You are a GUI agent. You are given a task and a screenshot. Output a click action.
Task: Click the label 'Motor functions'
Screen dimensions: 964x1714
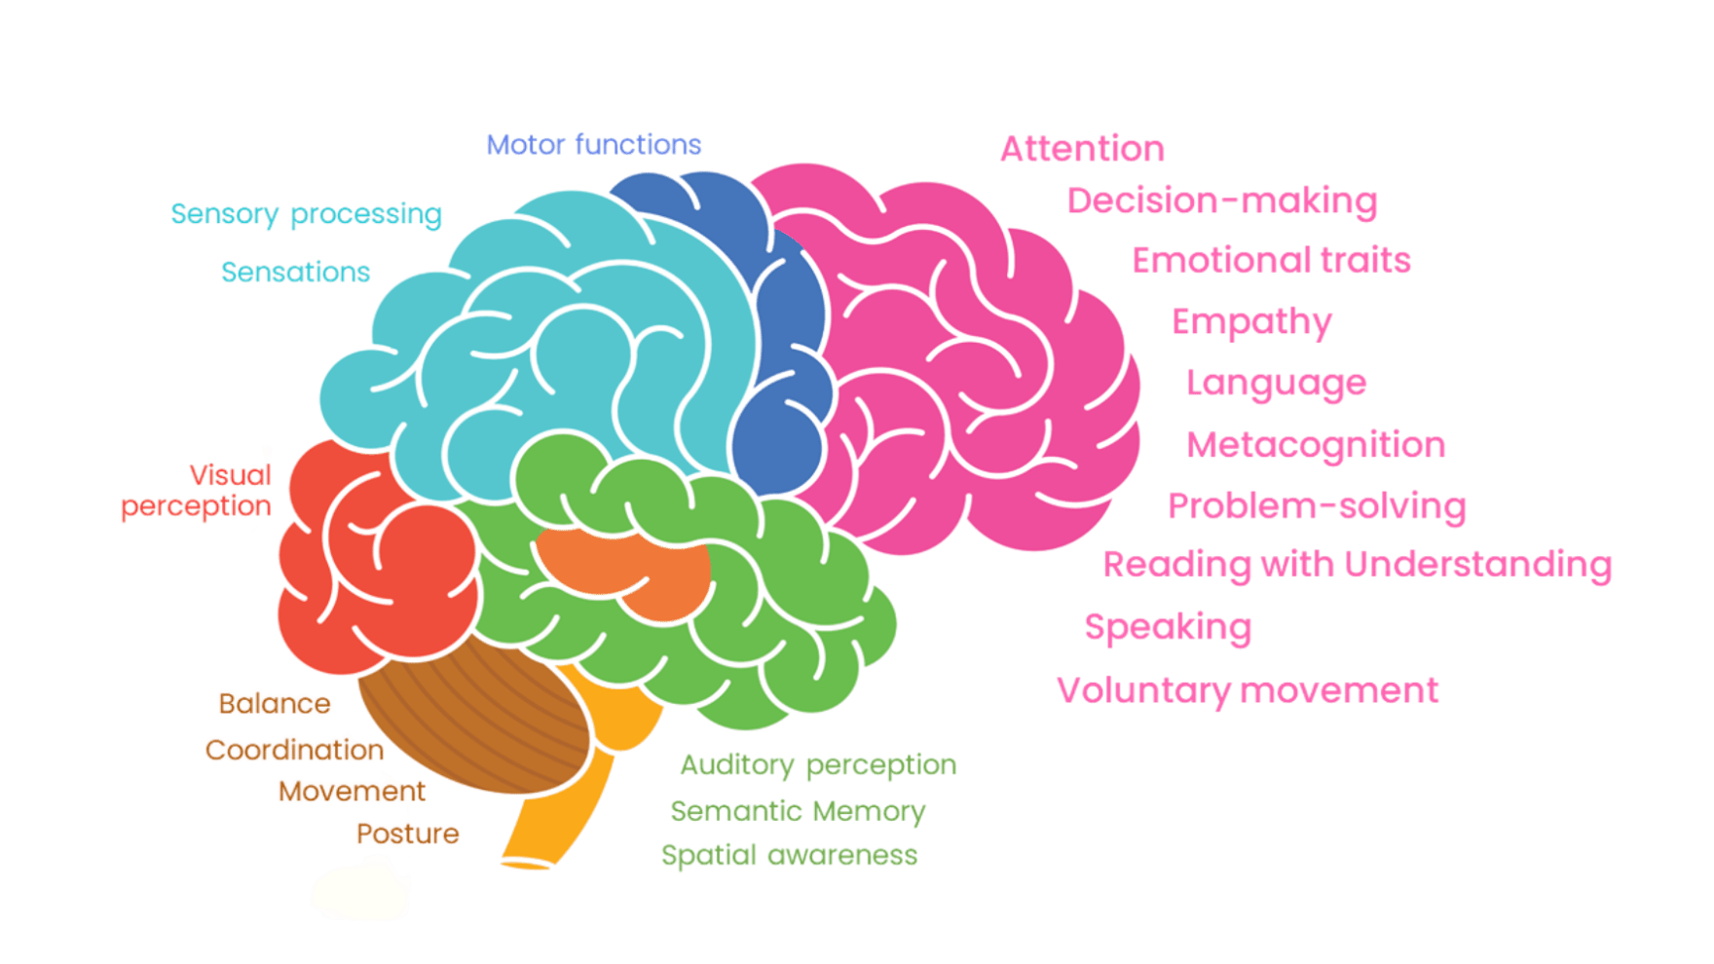pyautogui.click(x=594, y=145)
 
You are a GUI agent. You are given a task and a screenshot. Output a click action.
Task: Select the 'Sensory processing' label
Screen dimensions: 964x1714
pyautogui.click(x=306, y=214)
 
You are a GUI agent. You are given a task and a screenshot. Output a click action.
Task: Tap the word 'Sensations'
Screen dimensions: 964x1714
pyautogui.click(x=296, y=272)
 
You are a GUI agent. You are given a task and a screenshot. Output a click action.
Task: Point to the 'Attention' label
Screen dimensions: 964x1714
pyautogui.click(x=1082, y=149)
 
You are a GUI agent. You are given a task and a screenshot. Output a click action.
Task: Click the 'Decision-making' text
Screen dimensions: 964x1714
pyautogui.click(x=1222, y=202)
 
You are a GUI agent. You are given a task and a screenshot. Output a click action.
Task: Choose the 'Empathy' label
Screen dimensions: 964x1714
pyautogui.click(x=1251, y=322)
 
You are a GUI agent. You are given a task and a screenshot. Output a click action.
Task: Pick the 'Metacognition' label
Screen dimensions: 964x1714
pyautogui.click(x=1316, y=445)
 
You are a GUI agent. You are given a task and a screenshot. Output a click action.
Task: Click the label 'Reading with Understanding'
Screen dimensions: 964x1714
pyautogui.click(x=1357, y=565)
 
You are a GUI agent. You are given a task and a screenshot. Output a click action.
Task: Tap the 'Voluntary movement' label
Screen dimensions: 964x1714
pyautogui.click(x=1248, y=690)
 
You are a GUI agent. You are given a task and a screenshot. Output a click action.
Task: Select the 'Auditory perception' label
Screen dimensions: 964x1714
pyautogui.click(x=818, y=765)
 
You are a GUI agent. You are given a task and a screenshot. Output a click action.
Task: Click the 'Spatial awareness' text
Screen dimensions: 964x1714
pyautogui.click(x=789, y=855)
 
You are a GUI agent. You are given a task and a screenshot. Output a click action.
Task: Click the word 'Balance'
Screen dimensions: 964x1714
pyautogui.click(x=275, y=703)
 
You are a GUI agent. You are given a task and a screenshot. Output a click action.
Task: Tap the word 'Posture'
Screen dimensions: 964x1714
pyautogui.click(x=407, y=834)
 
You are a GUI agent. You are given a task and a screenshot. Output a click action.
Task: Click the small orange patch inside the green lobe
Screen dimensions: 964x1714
pyautogui.click(x=623, y=570)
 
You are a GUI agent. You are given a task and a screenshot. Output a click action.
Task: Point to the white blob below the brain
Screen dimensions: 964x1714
pyautogui.click(x=360, y=890)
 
